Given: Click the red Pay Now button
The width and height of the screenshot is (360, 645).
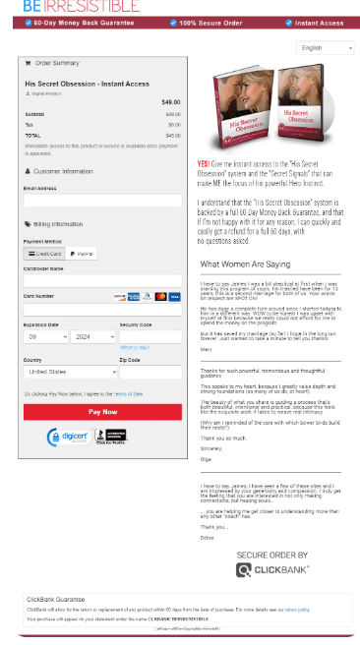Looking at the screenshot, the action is pos(102,412).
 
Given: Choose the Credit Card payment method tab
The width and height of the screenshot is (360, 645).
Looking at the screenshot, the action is pos(45,254).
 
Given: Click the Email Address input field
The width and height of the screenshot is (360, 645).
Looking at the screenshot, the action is pos(102,201).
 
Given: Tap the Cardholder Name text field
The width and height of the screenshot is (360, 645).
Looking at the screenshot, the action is pos(102,280).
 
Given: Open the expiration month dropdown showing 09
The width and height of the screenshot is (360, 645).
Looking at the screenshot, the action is pos(45,336).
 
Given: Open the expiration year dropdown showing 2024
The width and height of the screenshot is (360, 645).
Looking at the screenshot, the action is pos(93,336).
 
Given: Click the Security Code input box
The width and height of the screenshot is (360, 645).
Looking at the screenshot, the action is pos(150,336).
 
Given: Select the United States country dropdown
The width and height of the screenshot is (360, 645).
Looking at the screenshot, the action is pos(70,373).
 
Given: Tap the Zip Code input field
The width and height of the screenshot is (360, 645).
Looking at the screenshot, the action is pos(150,373).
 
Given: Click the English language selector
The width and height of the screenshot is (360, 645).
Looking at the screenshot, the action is pos(327,47).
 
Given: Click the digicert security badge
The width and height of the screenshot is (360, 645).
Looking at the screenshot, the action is pos(69,437).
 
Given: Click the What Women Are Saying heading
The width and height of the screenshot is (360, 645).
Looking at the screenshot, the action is pos(245,264).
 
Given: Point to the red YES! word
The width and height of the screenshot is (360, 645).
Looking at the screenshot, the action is pos(202,163).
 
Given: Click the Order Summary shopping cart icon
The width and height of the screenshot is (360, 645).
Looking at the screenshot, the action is pos(27,63).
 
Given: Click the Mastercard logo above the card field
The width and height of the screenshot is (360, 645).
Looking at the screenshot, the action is pos(161,296).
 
